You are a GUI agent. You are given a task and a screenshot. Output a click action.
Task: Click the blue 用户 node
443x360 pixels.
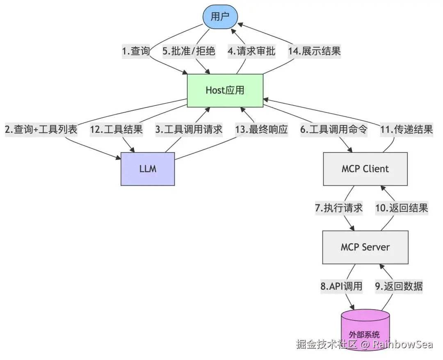tap(220, 17)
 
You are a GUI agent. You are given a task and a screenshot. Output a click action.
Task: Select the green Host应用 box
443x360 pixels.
tap(225, 90)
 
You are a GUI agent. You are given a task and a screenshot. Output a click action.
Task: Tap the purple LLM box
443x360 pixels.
tap(148, 169)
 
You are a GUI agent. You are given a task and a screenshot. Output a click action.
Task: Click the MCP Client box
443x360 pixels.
tap(365, 169)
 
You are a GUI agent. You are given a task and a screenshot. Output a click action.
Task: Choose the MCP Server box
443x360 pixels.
tap(365, 247)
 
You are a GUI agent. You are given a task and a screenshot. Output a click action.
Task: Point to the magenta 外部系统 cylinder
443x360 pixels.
tap(365, 330)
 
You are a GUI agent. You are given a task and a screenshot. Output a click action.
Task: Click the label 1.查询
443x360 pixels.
tap(136, 51)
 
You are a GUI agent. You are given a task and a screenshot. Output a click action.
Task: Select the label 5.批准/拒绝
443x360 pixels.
tap(189, 51)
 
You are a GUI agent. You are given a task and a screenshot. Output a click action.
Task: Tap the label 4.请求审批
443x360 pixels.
tap(251, 51)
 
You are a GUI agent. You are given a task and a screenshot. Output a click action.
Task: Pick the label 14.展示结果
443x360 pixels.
tap(315, 51)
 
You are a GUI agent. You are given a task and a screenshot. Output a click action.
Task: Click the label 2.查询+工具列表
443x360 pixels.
tap(41, 130)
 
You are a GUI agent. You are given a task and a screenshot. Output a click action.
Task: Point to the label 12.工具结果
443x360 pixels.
tap(116, 130)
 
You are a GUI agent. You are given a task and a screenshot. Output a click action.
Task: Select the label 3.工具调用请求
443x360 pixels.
tap(189, 130)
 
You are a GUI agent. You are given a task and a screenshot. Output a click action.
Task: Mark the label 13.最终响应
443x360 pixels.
tap(262, 130)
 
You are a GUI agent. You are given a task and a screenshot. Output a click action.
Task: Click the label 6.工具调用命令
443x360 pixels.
tap(333, 130)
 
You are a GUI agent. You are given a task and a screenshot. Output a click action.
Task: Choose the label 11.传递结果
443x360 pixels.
tap(406, 130)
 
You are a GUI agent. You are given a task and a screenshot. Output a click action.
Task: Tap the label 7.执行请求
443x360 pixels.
tap(339, 208)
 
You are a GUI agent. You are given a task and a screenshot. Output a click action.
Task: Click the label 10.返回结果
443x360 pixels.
tap(402, 208)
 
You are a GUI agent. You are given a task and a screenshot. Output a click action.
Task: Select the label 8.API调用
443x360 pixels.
tap(341, 287)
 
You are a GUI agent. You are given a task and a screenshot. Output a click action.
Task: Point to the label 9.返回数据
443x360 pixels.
tap(399, 287)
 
